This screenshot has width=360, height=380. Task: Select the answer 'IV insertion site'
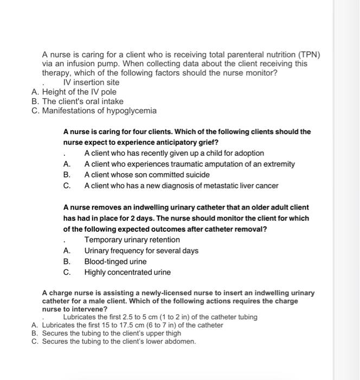(91, 83)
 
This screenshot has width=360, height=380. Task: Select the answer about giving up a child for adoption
(174, 153)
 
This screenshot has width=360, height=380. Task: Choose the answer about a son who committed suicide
(146, 175)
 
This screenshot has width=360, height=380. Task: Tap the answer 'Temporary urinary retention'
(132, 240)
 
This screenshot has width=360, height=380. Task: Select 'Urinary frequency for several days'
(141, 251)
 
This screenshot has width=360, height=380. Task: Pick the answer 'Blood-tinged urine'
(115, 262)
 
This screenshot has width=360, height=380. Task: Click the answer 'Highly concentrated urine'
(127, 273)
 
